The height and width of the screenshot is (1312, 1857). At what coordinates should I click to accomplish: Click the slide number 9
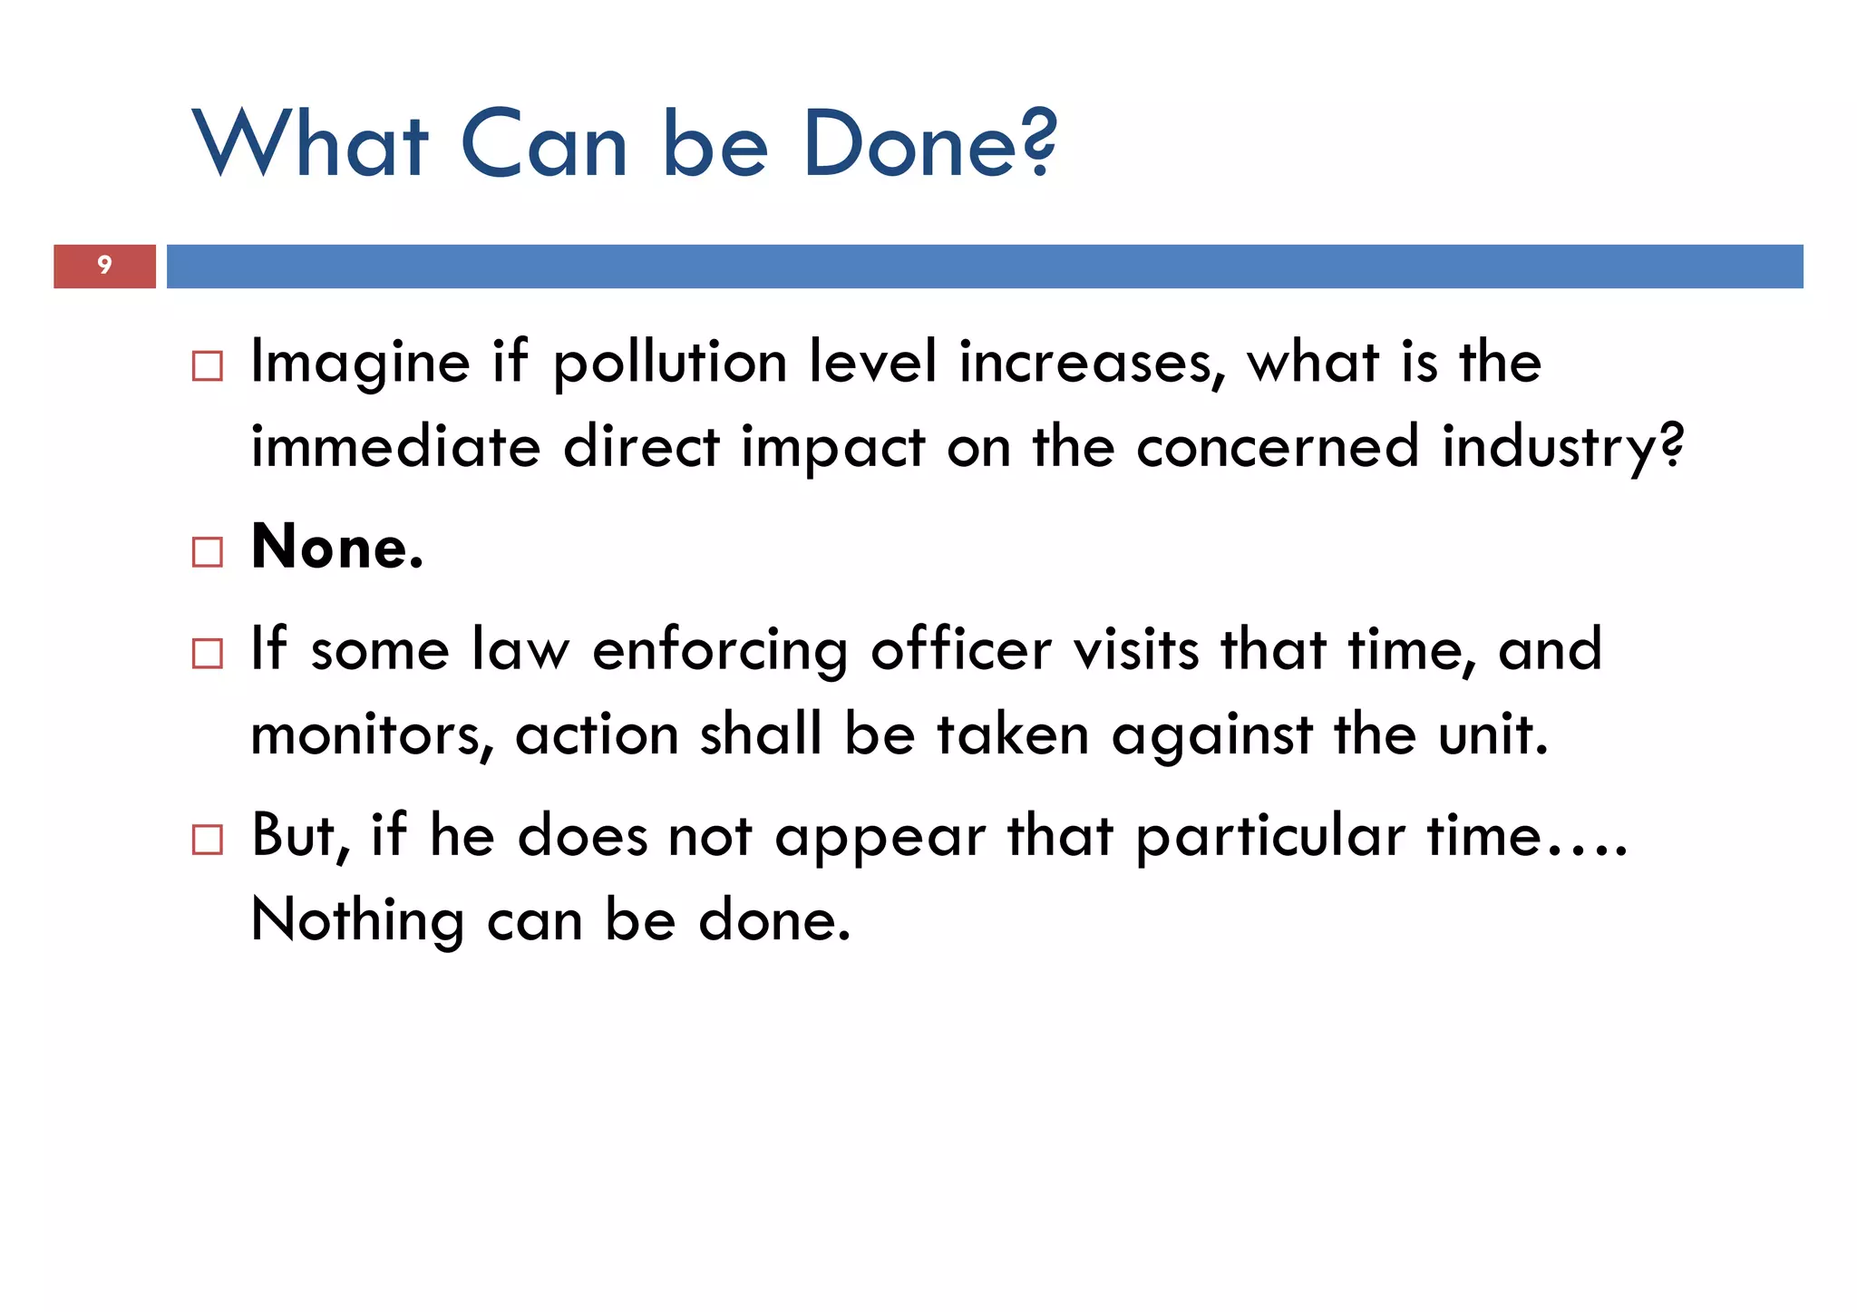(x=104, y=265)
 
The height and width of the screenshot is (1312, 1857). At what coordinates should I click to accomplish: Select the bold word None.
(x=336, y=548)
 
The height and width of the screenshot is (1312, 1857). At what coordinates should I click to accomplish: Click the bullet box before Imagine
(x=208, y=366)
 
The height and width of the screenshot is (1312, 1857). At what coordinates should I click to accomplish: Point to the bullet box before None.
(x=208, y=551)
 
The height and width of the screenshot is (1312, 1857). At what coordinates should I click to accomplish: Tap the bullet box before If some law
(x=208, y=654)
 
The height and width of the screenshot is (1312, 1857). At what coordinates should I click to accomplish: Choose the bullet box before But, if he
(x=208, y=840)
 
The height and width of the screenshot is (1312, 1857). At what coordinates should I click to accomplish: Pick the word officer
(x=961, y=650)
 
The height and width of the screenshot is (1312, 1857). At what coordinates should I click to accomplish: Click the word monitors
(x=372, y=734)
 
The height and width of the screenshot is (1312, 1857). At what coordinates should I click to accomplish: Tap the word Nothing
(x=357, y=921)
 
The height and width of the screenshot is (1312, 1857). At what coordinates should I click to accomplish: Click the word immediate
(x=395, y=447)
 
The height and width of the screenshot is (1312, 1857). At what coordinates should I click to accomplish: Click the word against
(x=1211, y=736)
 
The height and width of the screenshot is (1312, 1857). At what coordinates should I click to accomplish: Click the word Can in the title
(x=544, y=144)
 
